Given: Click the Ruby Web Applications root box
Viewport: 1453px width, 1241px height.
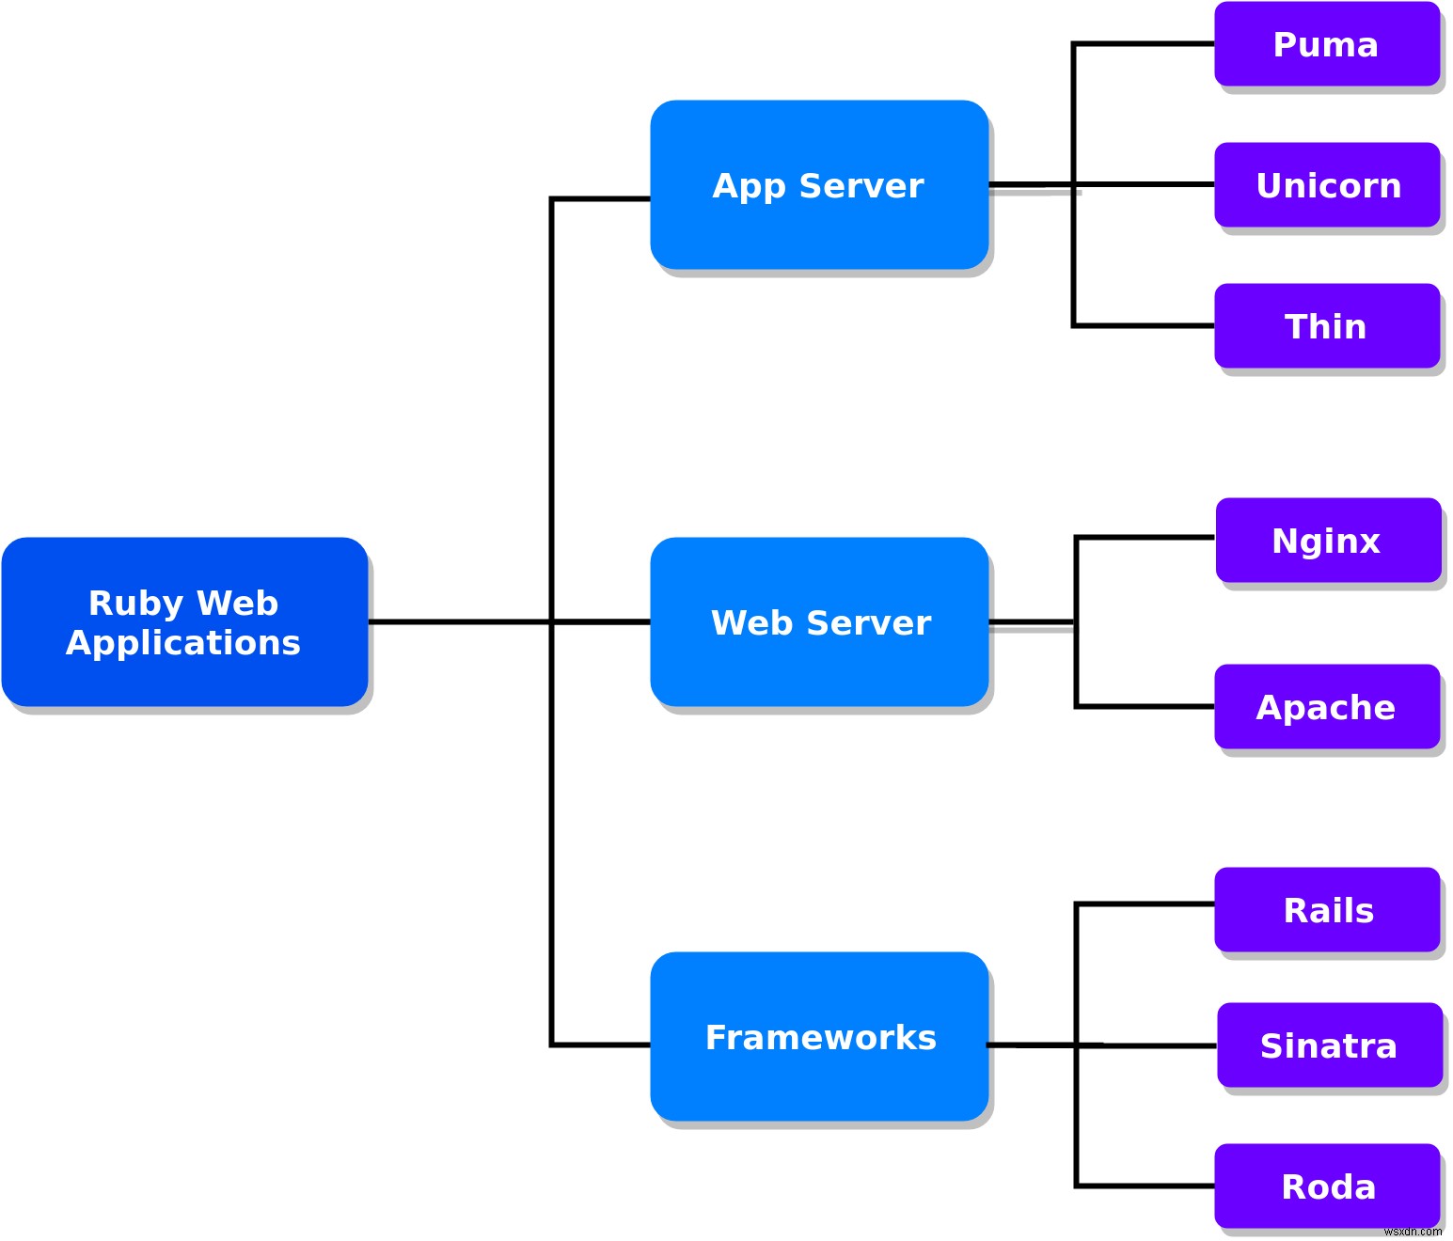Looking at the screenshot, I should (184, 621).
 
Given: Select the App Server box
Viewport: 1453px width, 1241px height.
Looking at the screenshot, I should (818, 185).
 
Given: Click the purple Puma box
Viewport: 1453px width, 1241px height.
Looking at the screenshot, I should (1326, 44).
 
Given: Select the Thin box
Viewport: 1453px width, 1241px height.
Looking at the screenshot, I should (1326, 326).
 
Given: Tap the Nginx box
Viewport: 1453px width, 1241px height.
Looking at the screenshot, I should (1327, 541).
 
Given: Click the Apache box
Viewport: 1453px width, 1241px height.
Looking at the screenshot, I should (1326, 707).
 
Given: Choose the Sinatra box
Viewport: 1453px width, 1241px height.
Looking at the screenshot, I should (1329, 1045).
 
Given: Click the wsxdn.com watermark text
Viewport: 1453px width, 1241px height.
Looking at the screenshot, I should (1412, 1232).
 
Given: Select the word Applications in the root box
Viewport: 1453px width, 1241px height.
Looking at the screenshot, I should (183, 643).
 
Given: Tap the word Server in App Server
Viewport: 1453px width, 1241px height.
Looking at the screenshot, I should (861, 186).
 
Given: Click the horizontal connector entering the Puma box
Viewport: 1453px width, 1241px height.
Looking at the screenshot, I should (1144, 43).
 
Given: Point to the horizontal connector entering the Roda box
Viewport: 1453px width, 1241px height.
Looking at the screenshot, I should (1145, 1186).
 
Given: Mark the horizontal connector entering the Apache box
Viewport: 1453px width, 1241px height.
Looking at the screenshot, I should (1145, 706).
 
